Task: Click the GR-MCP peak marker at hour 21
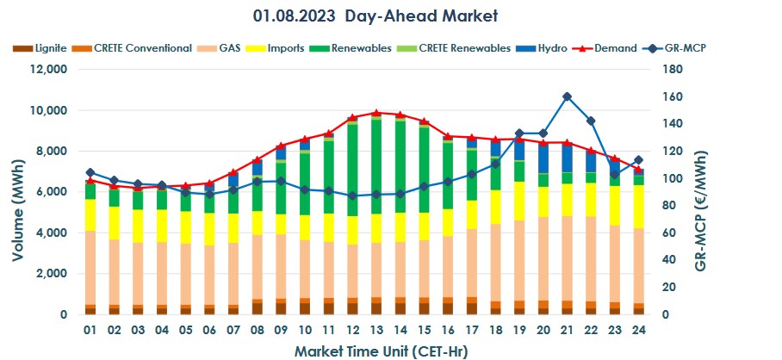pyautogui.click(x=567, y=96)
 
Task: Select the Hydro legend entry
pyautogui.click(x=546, y=48)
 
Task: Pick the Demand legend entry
pyautogui.click(x=614, y=48)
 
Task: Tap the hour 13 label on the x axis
pyautogui.click(x=375, y=330)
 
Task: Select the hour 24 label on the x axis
pyautogui.click(x=638, y=330)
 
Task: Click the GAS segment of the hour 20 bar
pyautogui.click(x=543, y=258)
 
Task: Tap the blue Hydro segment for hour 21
pyautogui.click(x=567, y=158)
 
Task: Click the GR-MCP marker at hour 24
pyautogui.click(x=638, y=160)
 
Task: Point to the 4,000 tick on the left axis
pyautogui.click(x=50, y=233)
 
